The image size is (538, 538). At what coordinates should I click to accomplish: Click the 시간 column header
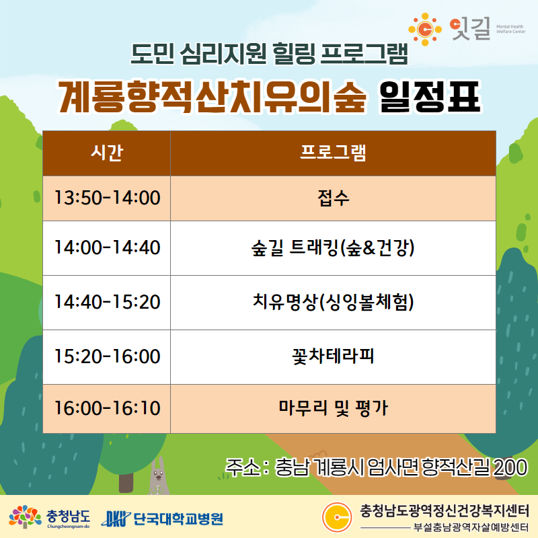pyautogui.click(x=107, y=153)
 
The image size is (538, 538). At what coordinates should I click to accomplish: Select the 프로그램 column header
pyautogui.click(x=333, y=153)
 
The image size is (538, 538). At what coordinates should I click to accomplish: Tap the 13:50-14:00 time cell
pyautogui.click(x=107, y=198)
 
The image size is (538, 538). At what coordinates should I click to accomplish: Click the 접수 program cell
pyautogui.click(x=333, y=198)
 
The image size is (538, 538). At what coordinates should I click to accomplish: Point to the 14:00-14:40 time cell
pyautogui.click(x=107, y=248)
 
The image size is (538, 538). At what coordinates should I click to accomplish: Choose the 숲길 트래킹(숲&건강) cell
pyautogui.click(x=333, y=248)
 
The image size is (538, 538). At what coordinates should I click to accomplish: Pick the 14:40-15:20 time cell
pyautogui.click(x=107, y=303)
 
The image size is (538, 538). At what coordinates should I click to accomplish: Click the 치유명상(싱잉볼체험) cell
pyautogui.click(x=333, y=303)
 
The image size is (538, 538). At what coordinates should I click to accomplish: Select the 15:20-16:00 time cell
pyautogui.click(x=107, y=357)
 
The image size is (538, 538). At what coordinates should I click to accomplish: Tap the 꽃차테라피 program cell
pyautogui.click(x=333, y=357)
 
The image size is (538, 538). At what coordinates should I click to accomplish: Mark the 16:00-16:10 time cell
pyautogui.click(x=107, y=409)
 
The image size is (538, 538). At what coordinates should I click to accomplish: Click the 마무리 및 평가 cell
pyautogui.click(x=333, y=409)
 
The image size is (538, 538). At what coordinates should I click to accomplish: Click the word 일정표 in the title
pyautogui.click(x=429, y=97)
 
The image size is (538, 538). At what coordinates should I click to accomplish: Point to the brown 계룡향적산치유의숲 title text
pyautogui.click(x=212, y=97)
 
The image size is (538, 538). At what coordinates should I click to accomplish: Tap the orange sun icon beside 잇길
pyautogui.click(x=425, y=30)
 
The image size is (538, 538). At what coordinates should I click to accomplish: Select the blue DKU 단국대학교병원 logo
pyautogui.click(x=162, y=518)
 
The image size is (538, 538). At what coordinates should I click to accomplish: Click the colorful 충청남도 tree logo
pyautogui.click(x=25, y=516)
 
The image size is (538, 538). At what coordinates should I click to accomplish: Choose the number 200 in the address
pyautogui.click(x=510, y=467)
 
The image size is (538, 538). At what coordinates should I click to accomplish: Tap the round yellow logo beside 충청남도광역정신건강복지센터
pyautogui.click(x=337, y=517)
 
